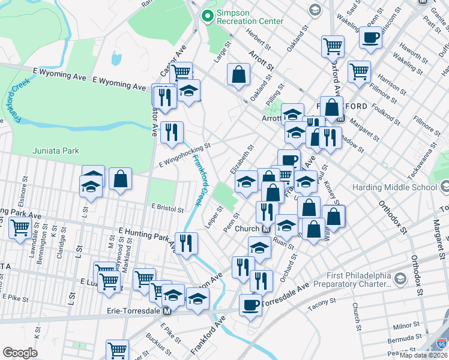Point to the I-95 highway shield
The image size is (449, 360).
pyautogui.click(x=442, y=343)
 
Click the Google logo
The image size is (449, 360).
pyautogui.click(x=20, y=353)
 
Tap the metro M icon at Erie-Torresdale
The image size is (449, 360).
pyautogui.click(x=167, y=311)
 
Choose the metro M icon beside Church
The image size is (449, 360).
pyautogui.click(x=265, y=229)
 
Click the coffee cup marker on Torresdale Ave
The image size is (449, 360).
pyautogui.click(x=251, y=304)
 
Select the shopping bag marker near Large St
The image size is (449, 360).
pyautogui.click(x=239, y=74)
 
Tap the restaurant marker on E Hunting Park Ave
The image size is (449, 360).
pyautogui.click(x=186, y=242)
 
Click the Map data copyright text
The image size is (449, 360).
pyautogui.click(x=423, y=355)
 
